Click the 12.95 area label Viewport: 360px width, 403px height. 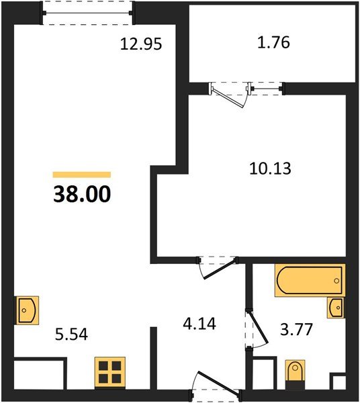click(x=142, y=45)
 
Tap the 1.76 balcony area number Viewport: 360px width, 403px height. click(x=274, y=45)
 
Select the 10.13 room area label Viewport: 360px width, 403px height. click(x=269, y=167)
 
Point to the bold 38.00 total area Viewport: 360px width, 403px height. click(x=81, y=194)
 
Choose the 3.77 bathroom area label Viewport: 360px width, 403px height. click(x=296, y=330)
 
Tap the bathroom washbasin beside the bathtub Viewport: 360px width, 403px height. click(x=336, y=308)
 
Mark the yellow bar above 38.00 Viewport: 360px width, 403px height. click(x=81, y=175)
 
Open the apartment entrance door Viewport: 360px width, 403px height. click(x=215, y=386)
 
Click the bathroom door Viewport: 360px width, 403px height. click(x=253, y=329)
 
